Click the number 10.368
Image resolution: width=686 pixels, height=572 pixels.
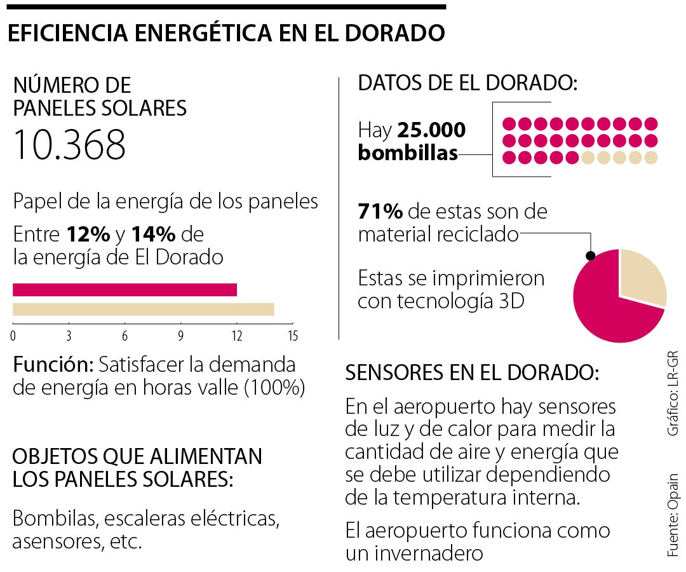[x=69, y=145]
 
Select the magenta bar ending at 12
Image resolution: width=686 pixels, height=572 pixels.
[x=124, y=290]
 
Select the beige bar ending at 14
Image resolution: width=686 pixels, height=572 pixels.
[x=144, y=310]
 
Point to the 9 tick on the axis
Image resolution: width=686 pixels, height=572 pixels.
[x=181, y=335]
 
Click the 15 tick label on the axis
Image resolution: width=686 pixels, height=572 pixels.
[x=292, y=335]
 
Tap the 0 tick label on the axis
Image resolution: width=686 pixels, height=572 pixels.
[x=13, y=335]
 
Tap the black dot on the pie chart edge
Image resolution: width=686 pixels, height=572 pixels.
[x=590, y=256]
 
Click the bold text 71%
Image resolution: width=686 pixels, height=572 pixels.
[x=380, y=211]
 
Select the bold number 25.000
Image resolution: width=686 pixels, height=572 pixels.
[x=431, y=130]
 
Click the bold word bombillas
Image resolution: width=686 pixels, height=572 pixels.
[x=408, y=153]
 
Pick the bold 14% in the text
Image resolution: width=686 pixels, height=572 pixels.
[x=153, y=235]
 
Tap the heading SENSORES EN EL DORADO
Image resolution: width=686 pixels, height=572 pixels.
[x=471, y=372]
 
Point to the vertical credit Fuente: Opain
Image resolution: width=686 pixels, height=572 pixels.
[x=673, y=515]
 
